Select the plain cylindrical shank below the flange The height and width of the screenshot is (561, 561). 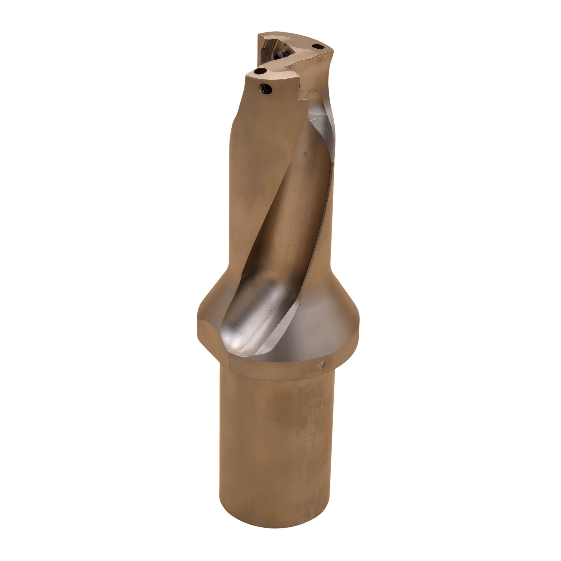coord(276,450)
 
